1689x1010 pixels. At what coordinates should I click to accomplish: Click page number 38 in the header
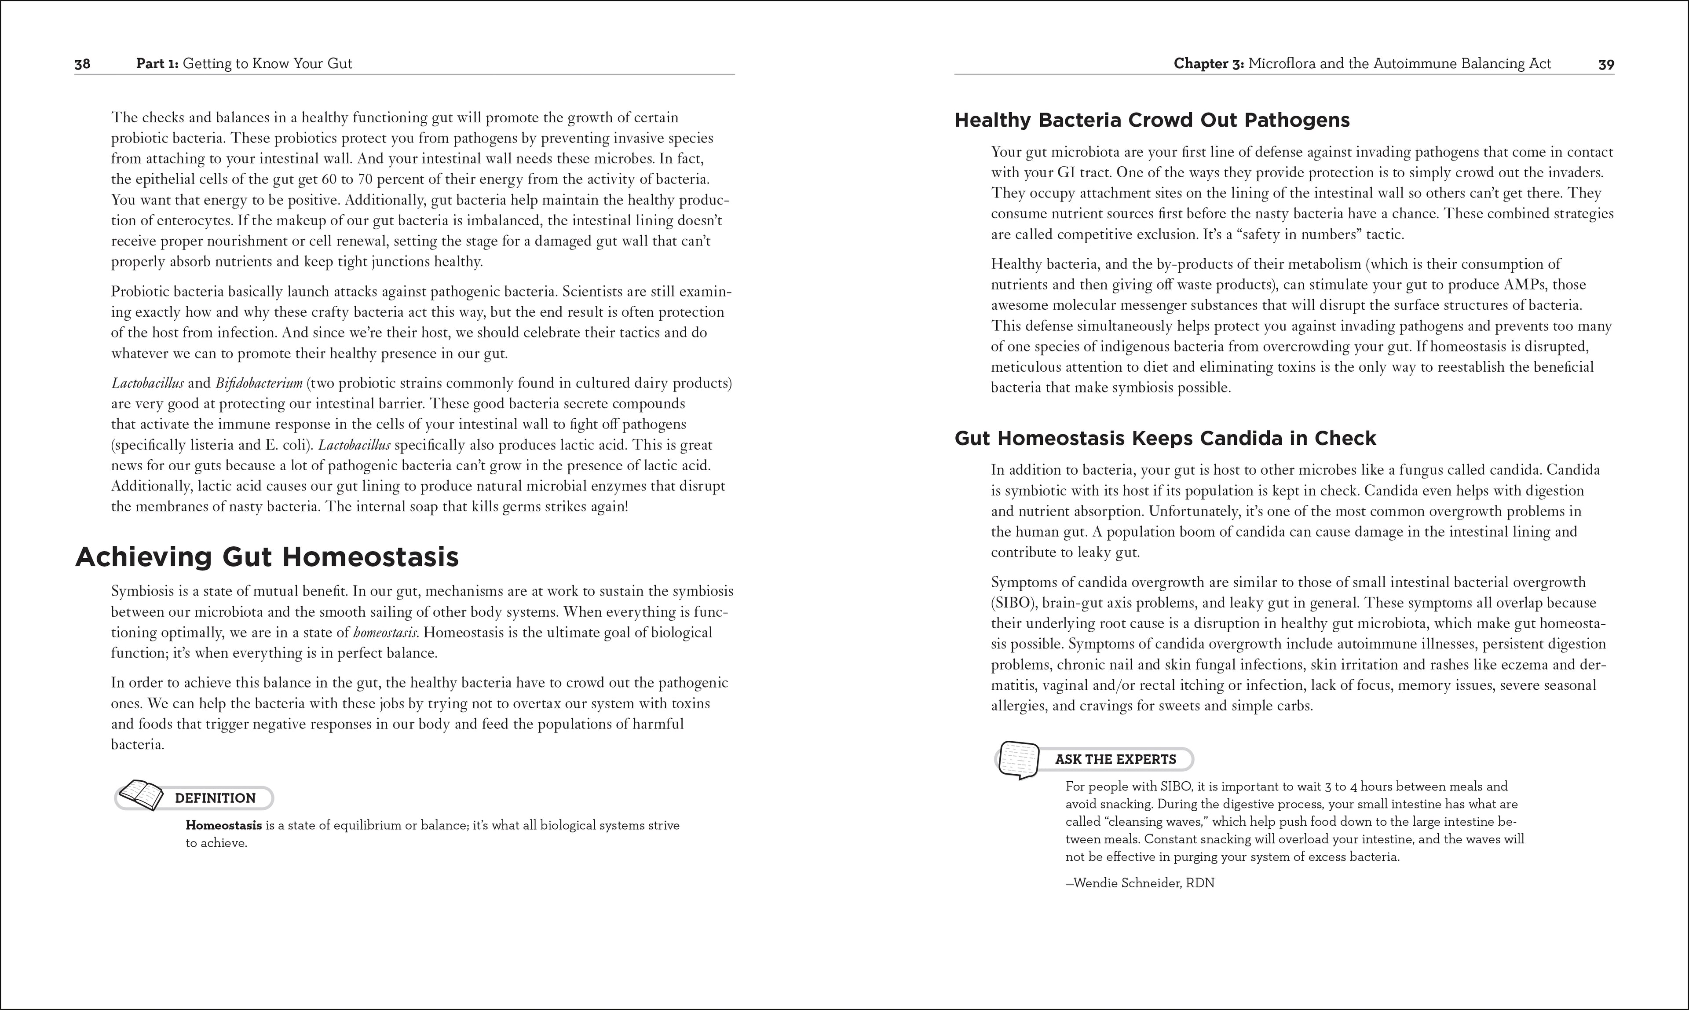tap(82, 64)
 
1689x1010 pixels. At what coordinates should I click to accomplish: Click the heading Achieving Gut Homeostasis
tap(267, 557)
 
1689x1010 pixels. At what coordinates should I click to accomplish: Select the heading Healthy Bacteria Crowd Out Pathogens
tap(1152, 121)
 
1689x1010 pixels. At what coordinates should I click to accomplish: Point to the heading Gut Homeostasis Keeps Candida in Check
tap(1165, 438)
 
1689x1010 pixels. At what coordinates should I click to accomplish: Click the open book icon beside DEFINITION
tap(141, 795)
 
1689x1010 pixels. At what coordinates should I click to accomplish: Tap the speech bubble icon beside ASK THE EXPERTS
tap(1019, 759)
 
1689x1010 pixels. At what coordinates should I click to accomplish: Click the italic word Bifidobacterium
tap(259, 383)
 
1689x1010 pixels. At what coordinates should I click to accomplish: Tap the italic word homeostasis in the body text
tap(386, 632)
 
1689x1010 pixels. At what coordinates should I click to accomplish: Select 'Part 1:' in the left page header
tap(157, 64)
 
